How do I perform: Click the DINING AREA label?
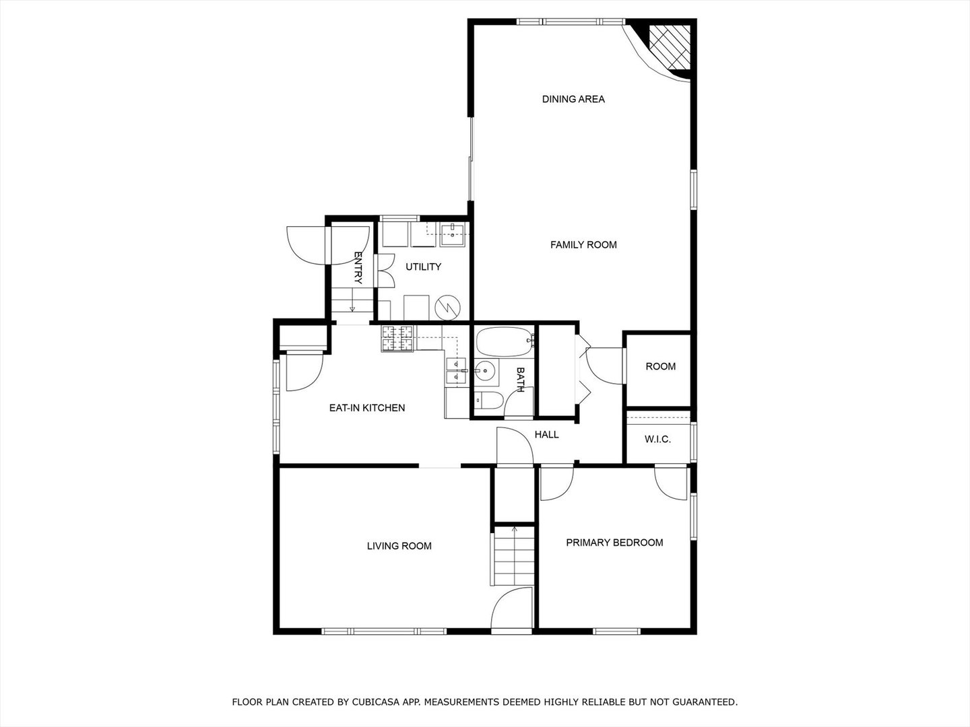pos(573,100)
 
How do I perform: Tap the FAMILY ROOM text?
pos(583,244)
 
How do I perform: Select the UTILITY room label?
pos(423,267)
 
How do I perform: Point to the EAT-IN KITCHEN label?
pos(367,408)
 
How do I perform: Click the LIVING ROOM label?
pos(399,546)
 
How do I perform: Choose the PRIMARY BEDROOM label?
pos(614,543)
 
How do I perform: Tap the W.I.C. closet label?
pos(657,439)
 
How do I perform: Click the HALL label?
pos(547,434)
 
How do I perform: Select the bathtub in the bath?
pos(505,342)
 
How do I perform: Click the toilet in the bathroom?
pos(489,401)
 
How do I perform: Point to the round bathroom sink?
pos(485,371)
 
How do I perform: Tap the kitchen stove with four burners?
pos(397,339)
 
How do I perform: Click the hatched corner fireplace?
pos(670,47)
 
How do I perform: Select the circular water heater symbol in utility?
pos(448,307)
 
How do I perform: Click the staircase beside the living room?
pos(514,556)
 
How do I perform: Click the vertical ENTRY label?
pos(358,268)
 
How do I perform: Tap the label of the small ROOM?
pos(660,366)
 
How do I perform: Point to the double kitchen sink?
pos(456,371)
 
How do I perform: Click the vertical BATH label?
pos(520,380)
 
